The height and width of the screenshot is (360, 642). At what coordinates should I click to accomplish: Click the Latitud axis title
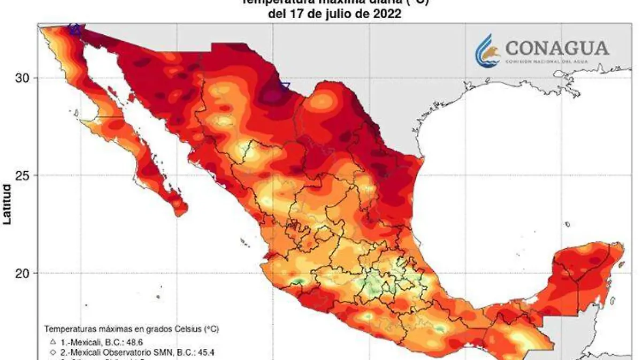click(x=7, y=204)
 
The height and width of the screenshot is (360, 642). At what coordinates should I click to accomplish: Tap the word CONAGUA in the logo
click(x=557, y=49)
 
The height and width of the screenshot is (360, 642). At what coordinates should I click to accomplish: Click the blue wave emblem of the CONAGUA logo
click(x=487, y=50)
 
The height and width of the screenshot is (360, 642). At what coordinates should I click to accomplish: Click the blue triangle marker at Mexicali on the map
click(x=75, y=30)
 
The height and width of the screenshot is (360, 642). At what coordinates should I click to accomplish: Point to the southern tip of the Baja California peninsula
click(x=180, y=212)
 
